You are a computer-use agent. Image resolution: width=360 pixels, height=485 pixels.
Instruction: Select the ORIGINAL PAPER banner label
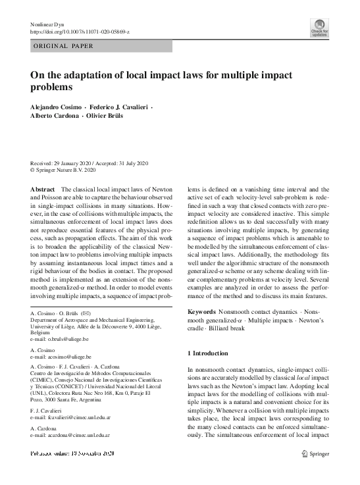click(63, 46)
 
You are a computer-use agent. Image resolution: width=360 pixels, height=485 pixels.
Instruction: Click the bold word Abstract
click(43, 189)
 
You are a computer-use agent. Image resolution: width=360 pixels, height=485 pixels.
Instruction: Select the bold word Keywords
click(204, 310)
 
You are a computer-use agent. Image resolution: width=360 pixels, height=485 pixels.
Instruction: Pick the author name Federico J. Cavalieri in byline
click(116, 107)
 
